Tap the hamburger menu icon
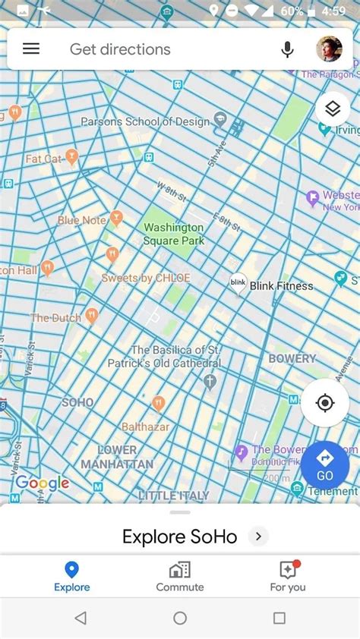pyautogui.click(x=30, y=49)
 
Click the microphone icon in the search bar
pyautogui.click(x=287, y=49)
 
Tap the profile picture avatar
pyautogui.click(x=329, y=49)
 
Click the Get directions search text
pyautogui.click(x=120, y=49)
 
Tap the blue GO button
pyautogui.click(x=325, y=464)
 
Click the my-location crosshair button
pyautogui.click(x=325, y=403)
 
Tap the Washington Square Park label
pyautogui.click(x=174, y=234)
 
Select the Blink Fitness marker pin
pyautogui.click(x=238, y=284)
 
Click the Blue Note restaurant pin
pyautogui.click(x=116, y=219)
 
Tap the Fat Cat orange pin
pyautogui.click(x=72, y=157)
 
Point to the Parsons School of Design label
pyautogui.click(x=144, y=121)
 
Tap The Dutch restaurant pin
pyautogui.click(x=92, y=316)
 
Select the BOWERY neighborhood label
pyautogui.click(x=292, y=358)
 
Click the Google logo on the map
pyautogui.click(x=43, y=483)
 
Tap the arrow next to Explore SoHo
pyautogui.click(x=258, y=537)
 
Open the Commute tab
pyautogui.click(x=180, y=577)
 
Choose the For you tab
pyautogui.click(x=288, y=577)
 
